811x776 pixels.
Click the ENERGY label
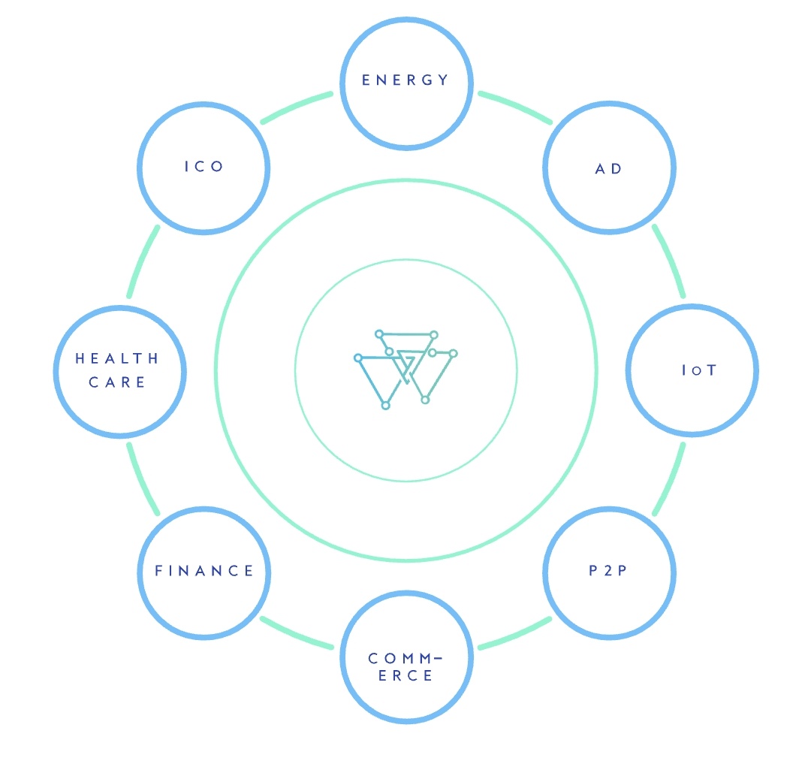tap(405, 80)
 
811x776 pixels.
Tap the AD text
tap(608, 169)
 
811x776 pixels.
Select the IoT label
tap(699, 370)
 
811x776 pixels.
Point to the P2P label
tap(607, 570)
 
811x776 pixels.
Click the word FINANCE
tap(204, 571)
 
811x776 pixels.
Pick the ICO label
tap(204, 166)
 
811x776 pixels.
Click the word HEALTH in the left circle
tap(117, 358)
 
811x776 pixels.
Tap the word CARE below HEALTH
tap(117, 382)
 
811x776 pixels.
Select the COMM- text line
tap(405, 658)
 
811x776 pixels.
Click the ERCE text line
tap(405, 675)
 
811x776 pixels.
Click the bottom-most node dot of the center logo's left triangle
tap(385, 406)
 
